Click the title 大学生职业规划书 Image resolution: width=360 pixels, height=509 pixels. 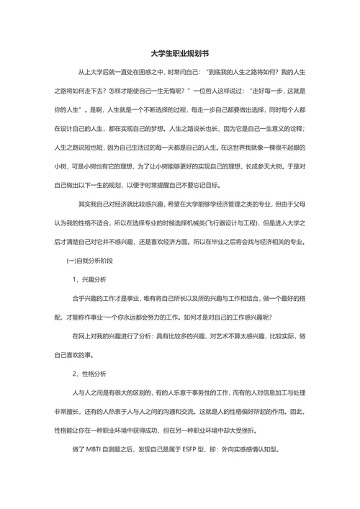click(x=180, y=53)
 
